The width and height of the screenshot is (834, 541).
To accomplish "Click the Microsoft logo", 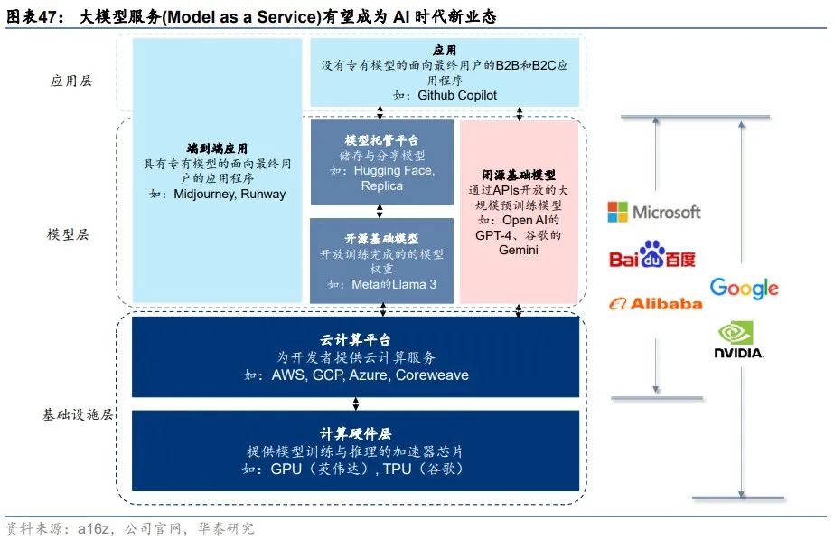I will click(x=653, y=212).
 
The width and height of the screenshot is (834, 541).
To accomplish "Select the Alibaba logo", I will click(x=654, y=303).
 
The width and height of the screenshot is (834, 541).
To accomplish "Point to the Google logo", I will click(x=744, y=288).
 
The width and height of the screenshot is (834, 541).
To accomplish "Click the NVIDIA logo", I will click(x=738, y=340).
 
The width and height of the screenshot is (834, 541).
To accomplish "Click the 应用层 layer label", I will click(x=71, y=81).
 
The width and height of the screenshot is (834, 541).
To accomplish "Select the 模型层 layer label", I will click(x=69, y=233).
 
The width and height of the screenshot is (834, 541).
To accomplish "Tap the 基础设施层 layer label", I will click(x=78, y=414).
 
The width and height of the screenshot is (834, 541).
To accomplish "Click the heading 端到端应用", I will click(x=217, y=148).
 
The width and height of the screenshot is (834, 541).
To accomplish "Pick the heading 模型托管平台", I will click(x=381, y=140).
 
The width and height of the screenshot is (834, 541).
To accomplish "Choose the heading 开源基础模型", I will click(x=381, y=239).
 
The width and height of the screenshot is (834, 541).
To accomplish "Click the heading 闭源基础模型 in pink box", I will click(x=519, y=175).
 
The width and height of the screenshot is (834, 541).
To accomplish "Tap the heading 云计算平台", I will click(x=356, y=340).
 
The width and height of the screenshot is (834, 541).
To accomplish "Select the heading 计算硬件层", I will click(x=356, y=435).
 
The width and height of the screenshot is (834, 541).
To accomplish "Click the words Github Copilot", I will click(x=457, y=95).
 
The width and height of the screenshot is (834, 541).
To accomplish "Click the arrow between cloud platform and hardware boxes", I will click(x=356, y=403).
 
